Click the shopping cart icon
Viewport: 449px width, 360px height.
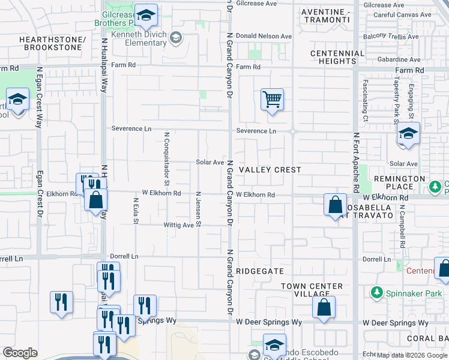(x=272, y=99)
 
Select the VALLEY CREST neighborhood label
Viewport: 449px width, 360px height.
(x=270, y=170)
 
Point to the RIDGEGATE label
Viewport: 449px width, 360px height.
(x=259, y=271)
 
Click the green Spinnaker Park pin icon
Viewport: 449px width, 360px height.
(x=376, y=293)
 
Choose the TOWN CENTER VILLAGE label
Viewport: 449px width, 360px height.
(x=312, y=290)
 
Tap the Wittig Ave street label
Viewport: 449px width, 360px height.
(x=178, y=226)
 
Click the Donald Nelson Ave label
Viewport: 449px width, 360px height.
(x=264, y=36)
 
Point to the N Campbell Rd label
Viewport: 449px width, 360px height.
(x=402, y=228)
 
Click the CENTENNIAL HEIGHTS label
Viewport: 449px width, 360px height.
(x=337, y=57)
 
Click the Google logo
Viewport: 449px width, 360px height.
(x=20, y=353)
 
